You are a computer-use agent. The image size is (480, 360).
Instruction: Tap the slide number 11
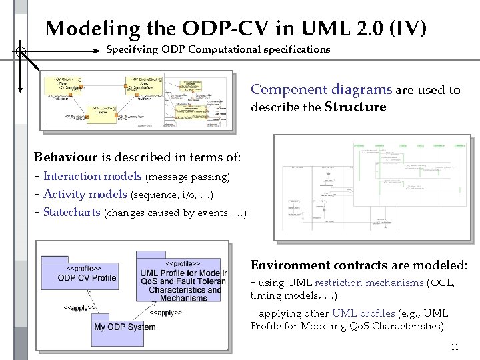pos(455,347)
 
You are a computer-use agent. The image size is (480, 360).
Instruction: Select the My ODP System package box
pos(125,326)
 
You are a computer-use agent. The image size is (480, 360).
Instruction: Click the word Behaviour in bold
pos(65,157)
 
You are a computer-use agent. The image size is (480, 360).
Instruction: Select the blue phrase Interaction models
pos(92,177)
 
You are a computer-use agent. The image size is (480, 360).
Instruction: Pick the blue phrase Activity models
pos(85,195)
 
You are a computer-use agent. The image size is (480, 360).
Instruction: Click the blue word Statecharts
pos(71,213)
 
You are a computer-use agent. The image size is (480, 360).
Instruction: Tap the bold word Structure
pos(355,107)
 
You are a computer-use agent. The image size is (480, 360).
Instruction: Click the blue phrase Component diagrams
pos(321,90)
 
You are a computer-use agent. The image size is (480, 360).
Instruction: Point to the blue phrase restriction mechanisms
pos(369,283)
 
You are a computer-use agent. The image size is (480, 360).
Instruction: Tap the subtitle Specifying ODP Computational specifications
pos(218,49)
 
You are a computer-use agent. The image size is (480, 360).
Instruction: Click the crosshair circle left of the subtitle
pos(21,51)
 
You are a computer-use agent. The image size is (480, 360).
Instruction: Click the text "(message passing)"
pos(187,177)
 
